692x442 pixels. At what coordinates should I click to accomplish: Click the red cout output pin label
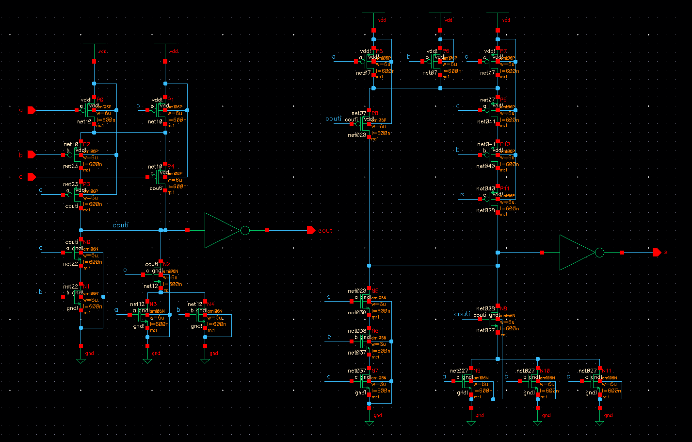pos(325,231)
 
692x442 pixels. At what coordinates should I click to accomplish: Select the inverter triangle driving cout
pos(221,230)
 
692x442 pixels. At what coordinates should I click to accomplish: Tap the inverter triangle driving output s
pos(576,253)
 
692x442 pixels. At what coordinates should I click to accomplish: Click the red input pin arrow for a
pos(32,110)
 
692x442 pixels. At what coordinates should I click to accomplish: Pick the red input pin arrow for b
pos(32,154)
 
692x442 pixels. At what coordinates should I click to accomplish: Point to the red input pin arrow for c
pos(32,176)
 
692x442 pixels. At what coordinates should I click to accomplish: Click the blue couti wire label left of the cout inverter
pos(120,225)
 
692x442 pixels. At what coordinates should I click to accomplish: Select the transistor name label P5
pos(379,51)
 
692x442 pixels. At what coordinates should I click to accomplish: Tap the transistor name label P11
pos(505,188)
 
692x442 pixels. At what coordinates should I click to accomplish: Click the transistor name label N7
pos(375,371)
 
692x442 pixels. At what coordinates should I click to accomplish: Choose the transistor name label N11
pos(606,371)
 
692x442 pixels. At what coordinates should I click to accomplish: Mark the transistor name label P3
pos(86,185)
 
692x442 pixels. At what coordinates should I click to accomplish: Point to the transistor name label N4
pos(210,305)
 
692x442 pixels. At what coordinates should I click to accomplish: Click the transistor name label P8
pos(375,114)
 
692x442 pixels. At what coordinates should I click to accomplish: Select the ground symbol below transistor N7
pos(369,423)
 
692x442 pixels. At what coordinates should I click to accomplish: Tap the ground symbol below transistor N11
pos(600,423)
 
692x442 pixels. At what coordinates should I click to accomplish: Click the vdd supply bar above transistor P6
pos(440,13)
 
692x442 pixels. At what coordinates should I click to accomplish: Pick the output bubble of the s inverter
pos(600,253)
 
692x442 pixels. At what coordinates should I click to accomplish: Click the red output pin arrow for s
pos(657,252)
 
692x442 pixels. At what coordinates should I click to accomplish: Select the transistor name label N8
pos(503,309)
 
